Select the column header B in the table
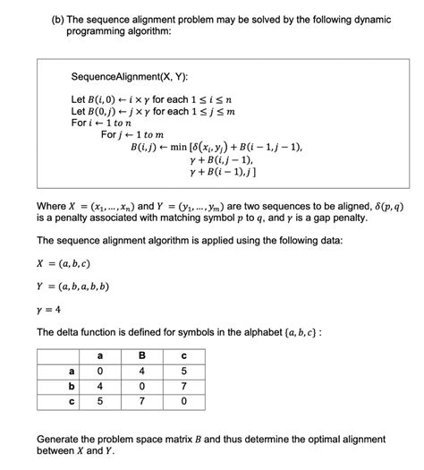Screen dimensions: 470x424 click(x=140, y=355)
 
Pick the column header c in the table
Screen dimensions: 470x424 click(x=182, y=355)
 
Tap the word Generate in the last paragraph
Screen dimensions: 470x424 click(x=62, y=440)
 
